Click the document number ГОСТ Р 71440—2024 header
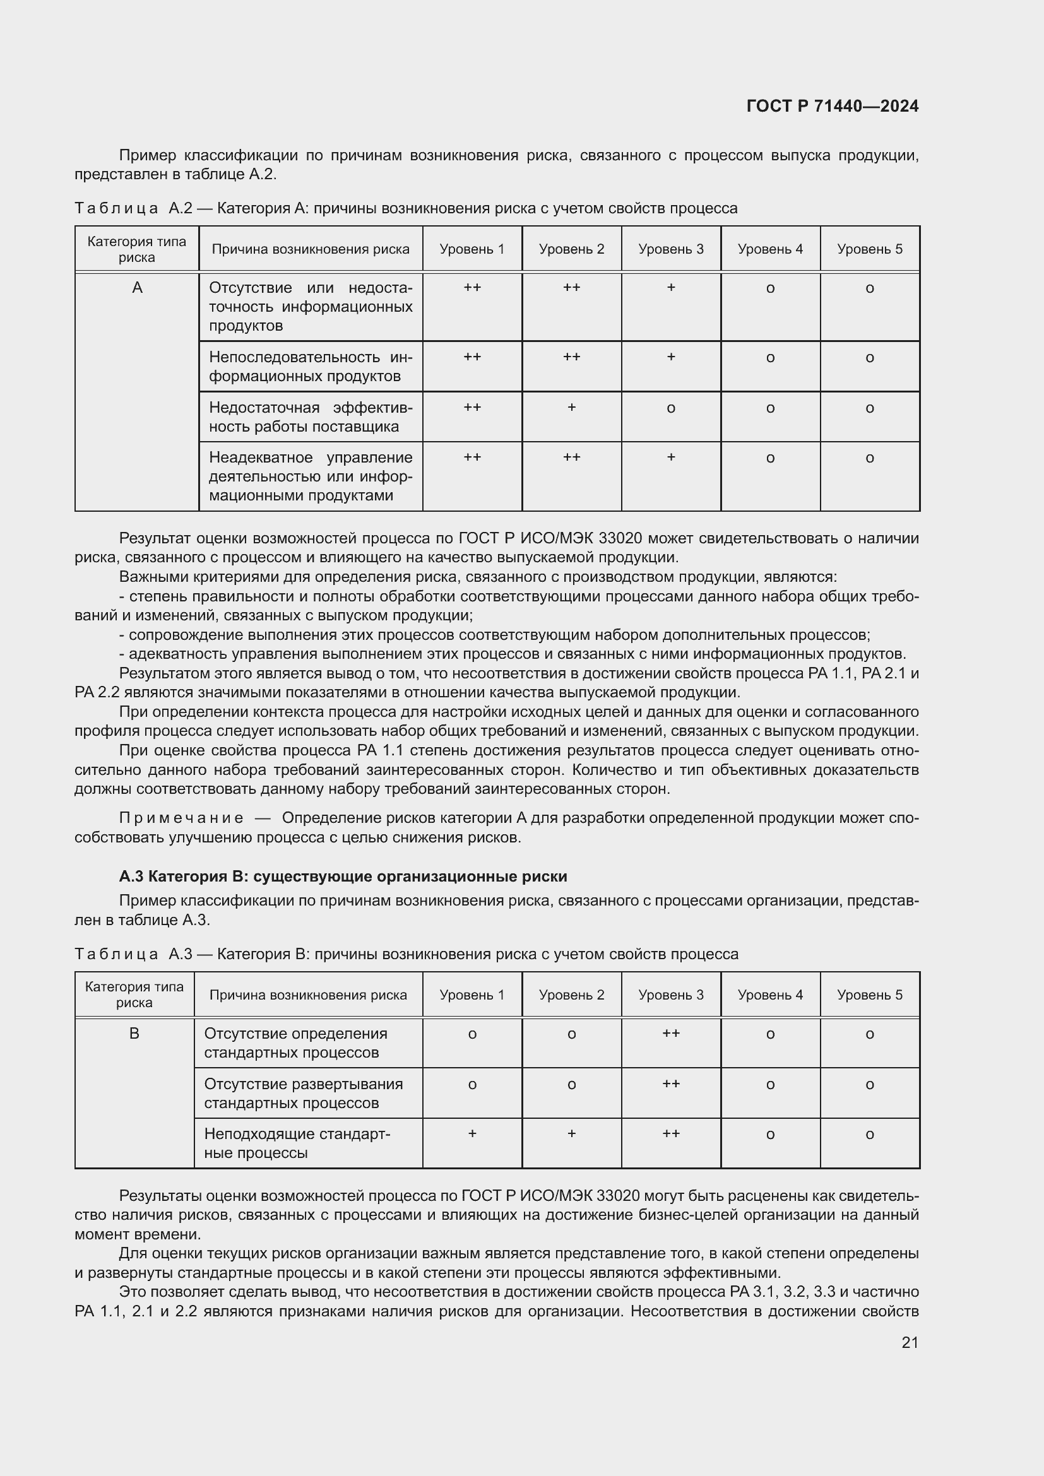(x=832, y=106)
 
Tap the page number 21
(x=910, y=1342)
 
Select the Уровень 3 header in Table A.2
(x=670, y=249)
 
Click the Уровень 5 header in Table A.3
(x=869, y=995)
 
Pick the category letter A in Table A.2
(x=137, y=288)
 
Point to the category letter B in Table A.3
(x=134, y=1034)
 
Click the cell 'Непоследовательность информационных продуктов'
(x=311, y=367)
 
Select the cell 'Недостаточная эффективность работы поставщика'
(x=311, y=416)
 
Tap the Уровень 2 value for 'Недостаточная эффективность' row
(x=571, y=408)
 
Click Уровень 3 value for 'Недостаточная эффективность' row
(x=670, y=408)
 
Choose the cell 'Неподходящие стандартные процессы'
(x=297, y=1143)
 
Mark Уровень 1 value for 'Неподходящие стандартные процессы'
(x=472, y=1133)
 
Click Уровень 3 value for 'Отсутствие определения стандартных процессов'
(x=670, y=1033)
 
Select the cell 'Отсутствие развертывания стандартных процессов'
(x=304, y=1093)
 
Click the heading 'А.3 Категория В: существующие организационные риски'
(x=343, y=877)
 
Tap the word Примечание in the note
(x=181, y=818)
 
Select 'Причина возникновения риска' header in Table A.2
(x=311, y=249)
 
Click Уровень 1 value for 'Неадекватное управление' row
(x=472, y=457)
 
